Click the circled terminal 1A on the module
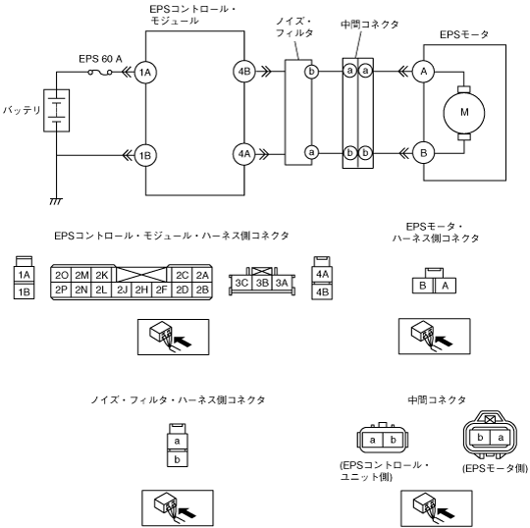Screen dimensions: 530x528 tap(145, 72)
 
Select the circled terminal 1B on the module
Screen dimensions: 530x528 tap(145, 155)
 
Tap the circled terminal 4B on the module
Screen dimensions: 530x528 tap(244, 72)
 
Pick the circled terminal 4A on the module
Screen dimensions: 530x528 tap(244, 154)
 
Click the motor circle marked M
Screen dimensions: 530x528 tap(464, 112)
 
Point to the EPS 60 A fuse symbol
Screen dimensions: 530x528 tap(100, 72)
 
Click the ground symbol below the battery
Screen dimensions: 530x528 tap(56, 201)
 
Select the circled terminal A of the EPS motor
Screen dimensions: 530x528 tap(424, 72)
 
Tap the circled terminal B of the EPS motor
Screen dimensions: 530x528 tap(424, 153)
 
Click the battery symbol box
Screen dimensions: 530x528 tap(57, 111)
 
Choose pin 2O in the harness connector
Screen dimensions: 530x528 tap(61, 276)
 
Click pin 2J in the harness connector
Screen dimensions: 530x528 tap(122, 290)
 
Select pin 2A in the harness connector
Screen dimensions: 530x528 tap(202, 276)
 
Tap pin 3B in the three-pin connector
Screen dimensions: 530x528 tap(262, 283)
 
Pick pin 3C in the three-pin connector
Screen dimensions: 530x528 tap(241, 283)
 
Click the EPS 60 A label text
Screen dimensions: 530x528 tap(100, 59)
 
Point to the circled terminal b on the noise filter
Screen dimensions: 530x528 tap(311, 72)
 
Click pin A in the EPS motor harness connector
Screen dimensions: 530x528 tap(446, 286)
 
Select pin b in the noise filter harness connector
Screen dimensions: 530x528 tap(177, 459)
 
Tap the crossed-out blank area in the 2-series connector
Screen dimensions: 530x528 tap(141, 275)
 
